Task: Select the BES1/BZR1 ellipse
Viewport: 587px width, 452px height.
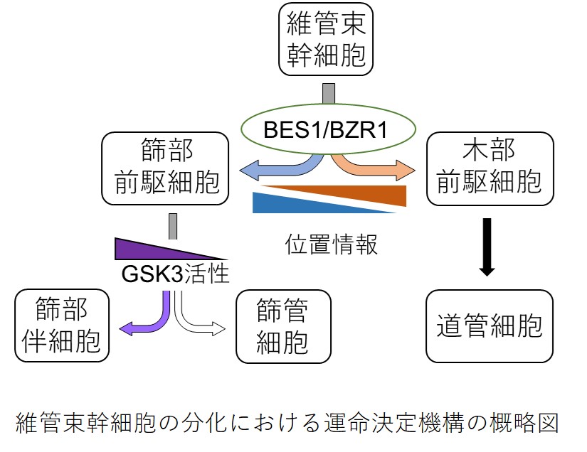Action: click(x=327, y=129)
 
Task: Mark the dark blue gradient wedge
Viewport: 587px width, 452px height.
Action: click(x=292, y=205)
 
